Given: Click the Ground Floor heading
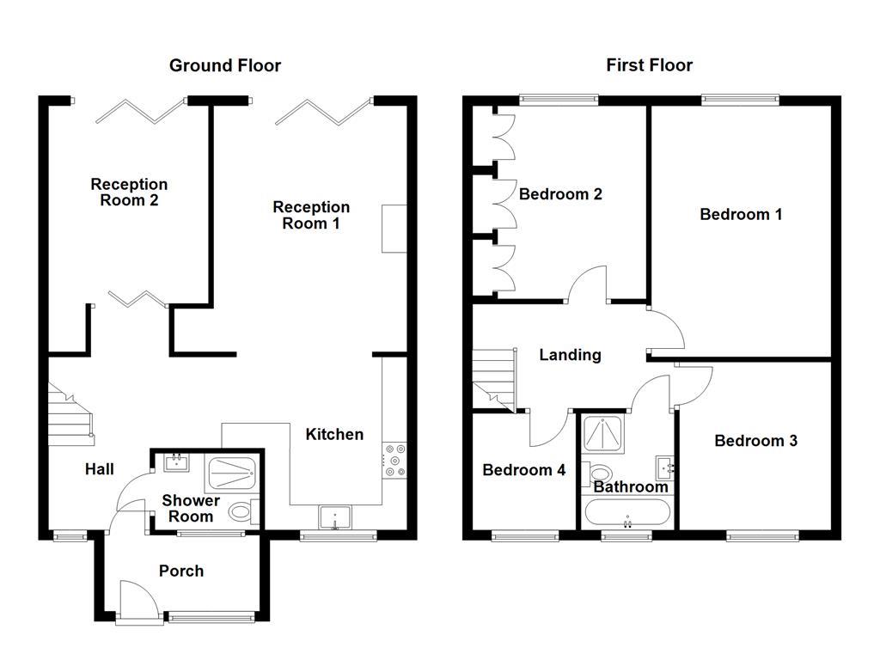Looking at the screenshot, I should coord(224,65).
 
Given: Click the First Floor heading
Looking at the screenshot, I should coord(649,65).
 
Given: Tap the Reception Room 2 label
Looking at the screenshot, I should coord(129,192).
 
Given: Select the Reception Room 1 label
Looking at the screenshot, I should coord(311,215).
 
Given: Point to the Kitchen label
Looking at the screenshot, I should coord(334,434).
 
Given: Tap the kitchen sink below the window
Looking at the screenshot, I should coord(335,518).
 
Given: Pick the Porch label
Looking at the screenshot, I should coord(181,571).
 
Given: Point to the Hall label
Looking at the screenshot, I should coord(100,469).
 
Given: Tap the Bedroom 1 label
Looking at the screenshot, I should coord(741,214).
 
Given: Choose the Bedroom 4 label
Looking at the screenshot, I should coord(523,470).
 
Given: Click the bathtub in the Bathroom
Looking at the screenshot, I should coord(627,514).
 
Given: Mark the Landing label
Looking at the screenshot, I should coord(570,355).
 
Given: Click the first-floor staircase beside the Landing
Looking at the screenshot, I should coord(494,379).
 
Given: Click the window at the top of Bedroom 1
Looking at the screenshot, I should coord(740,100).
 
